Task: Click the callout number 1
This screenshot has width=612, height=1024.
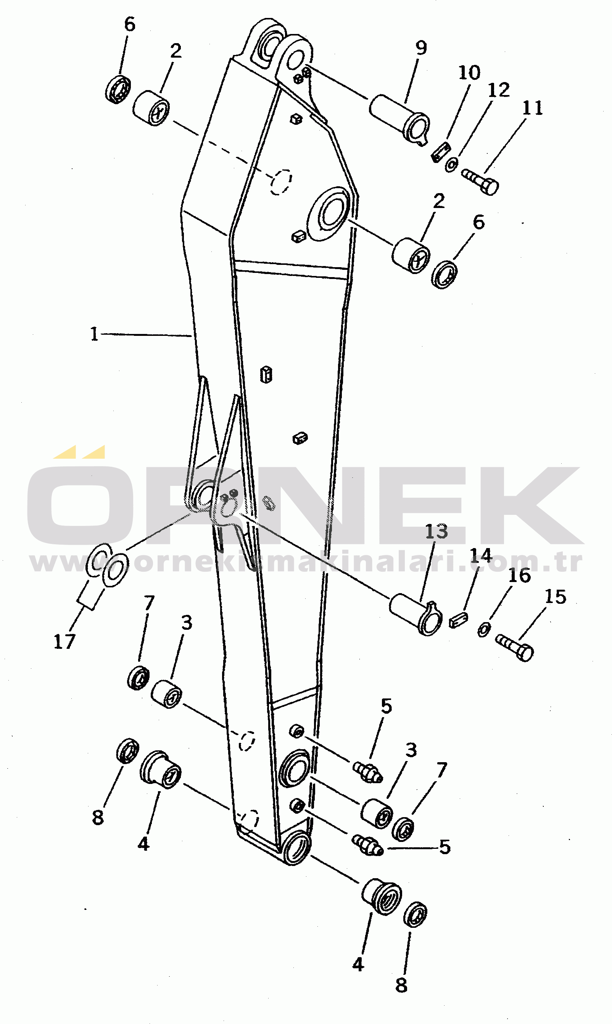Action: [95, 334]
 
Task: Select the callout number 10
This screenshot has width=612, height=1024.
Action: [469, 73]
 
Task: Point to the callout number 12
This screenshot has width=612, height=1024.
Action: [499, 90]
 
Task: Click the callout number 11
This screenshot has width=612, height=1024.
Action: [532, 108]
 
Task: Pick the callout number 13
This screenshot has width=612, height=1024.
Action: [436, 532]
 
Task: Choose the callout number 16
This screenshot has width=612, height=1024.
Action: [519, 575]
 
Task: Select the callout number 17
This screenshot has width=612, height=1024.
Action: [64, 641]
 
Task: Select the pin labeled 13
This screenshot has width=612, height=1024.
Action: [416, 614]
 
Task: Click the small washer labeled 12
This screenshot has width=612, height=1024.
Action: [451, 164]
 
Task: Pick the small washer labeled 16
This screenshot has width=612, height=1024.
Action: [484, 630]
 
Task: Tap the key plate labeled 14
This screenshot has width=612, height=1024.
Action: [458, 620]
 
